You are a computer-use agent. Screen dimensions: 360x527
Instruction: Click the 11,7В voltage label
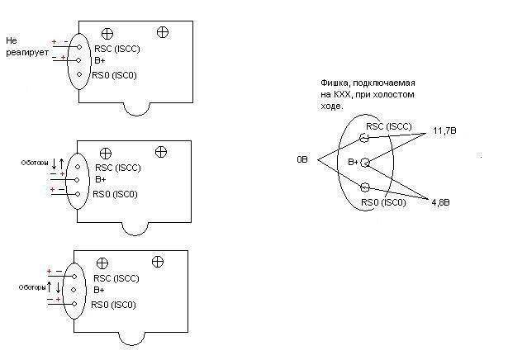click(446, 130)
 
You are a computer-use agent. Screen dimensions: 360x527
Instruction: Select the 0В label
click(302, 159)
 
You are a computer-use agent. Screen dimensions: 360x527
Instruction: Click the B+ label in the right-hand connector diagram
click(353, 162)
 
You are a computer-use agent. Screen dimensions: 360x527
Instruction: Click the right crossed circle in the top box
click(162, 32)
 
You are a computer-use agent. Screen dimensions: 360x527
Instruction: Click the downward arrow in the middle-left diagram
click(55, 165)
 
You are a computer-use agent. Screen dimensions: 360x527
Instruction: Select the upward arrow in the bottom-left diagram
click(50, 287)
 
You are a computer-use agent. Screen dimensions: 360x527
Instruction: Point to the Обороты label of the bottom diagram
click(31, 287)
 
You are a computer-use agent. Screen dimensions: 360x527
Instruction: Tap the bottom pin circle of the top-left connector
click(79, 75)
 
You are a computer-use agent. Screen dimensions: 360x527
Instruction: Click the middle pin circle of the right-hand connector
click(364, 162)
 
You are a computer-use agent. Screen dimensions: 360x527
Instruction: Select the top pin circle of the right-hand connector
click(363, 138)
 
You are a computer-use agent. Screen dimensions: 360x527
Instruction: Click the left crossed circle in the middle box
click(105, 153)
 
